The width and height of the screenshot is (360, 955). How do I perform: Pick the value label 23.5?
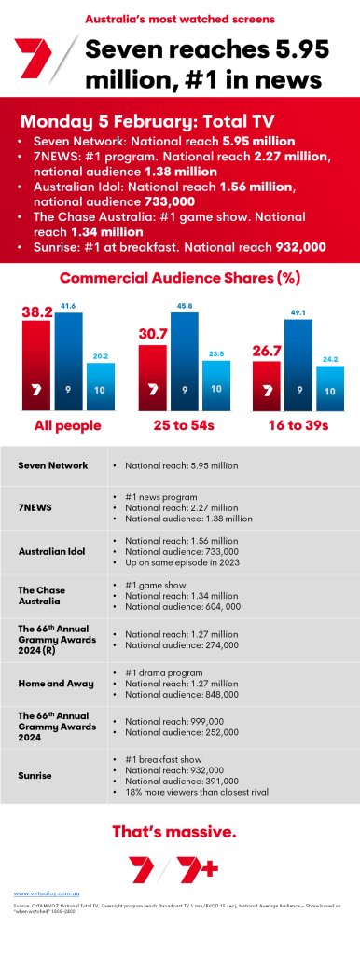(216, 353)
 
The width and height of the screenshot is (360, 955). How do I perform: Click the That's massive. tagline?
(179, 831)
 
